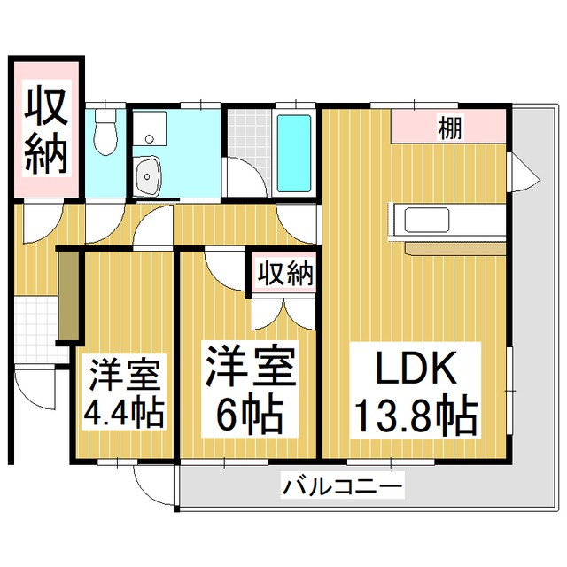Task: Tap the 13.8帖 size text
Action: click(x=416, y=415)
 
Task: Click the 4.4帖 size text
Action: click(x=124, y=415)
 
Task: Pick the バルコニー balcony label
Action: click(x=343, y=486)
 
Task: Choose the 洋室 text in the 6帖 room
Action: click(x=249, y=366)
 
